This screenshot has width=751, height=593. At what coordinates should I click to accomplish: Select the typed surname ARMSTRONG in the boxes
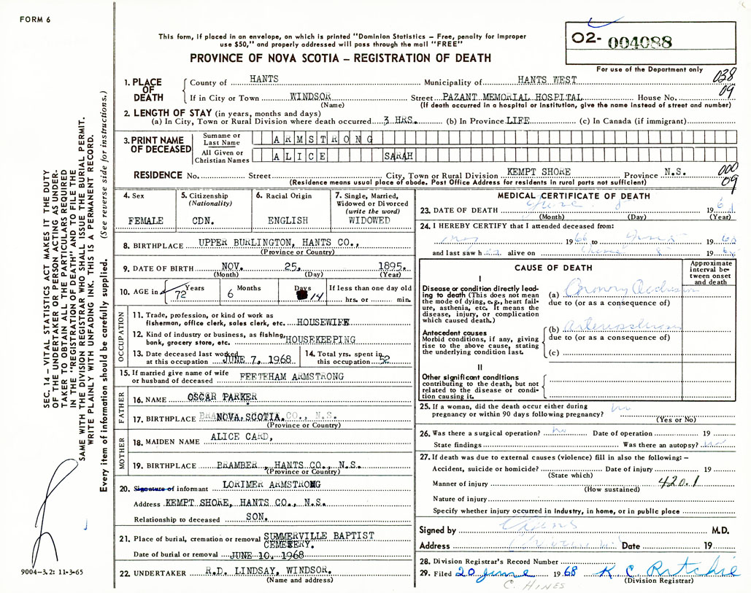pyautogui.click(x=322, y=139)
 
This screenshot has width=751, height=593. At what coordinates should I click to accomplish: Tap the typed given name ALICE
pyautogui.click(x=300, y=155)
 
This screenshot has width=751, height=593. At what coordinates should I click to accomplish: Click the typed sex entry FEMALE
pyautogui.click(x=145, y=220)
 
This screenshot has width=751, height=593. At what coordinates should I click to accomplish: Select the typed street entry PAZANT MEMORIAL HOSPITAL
pyautogui.click(x=513, y=97)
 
